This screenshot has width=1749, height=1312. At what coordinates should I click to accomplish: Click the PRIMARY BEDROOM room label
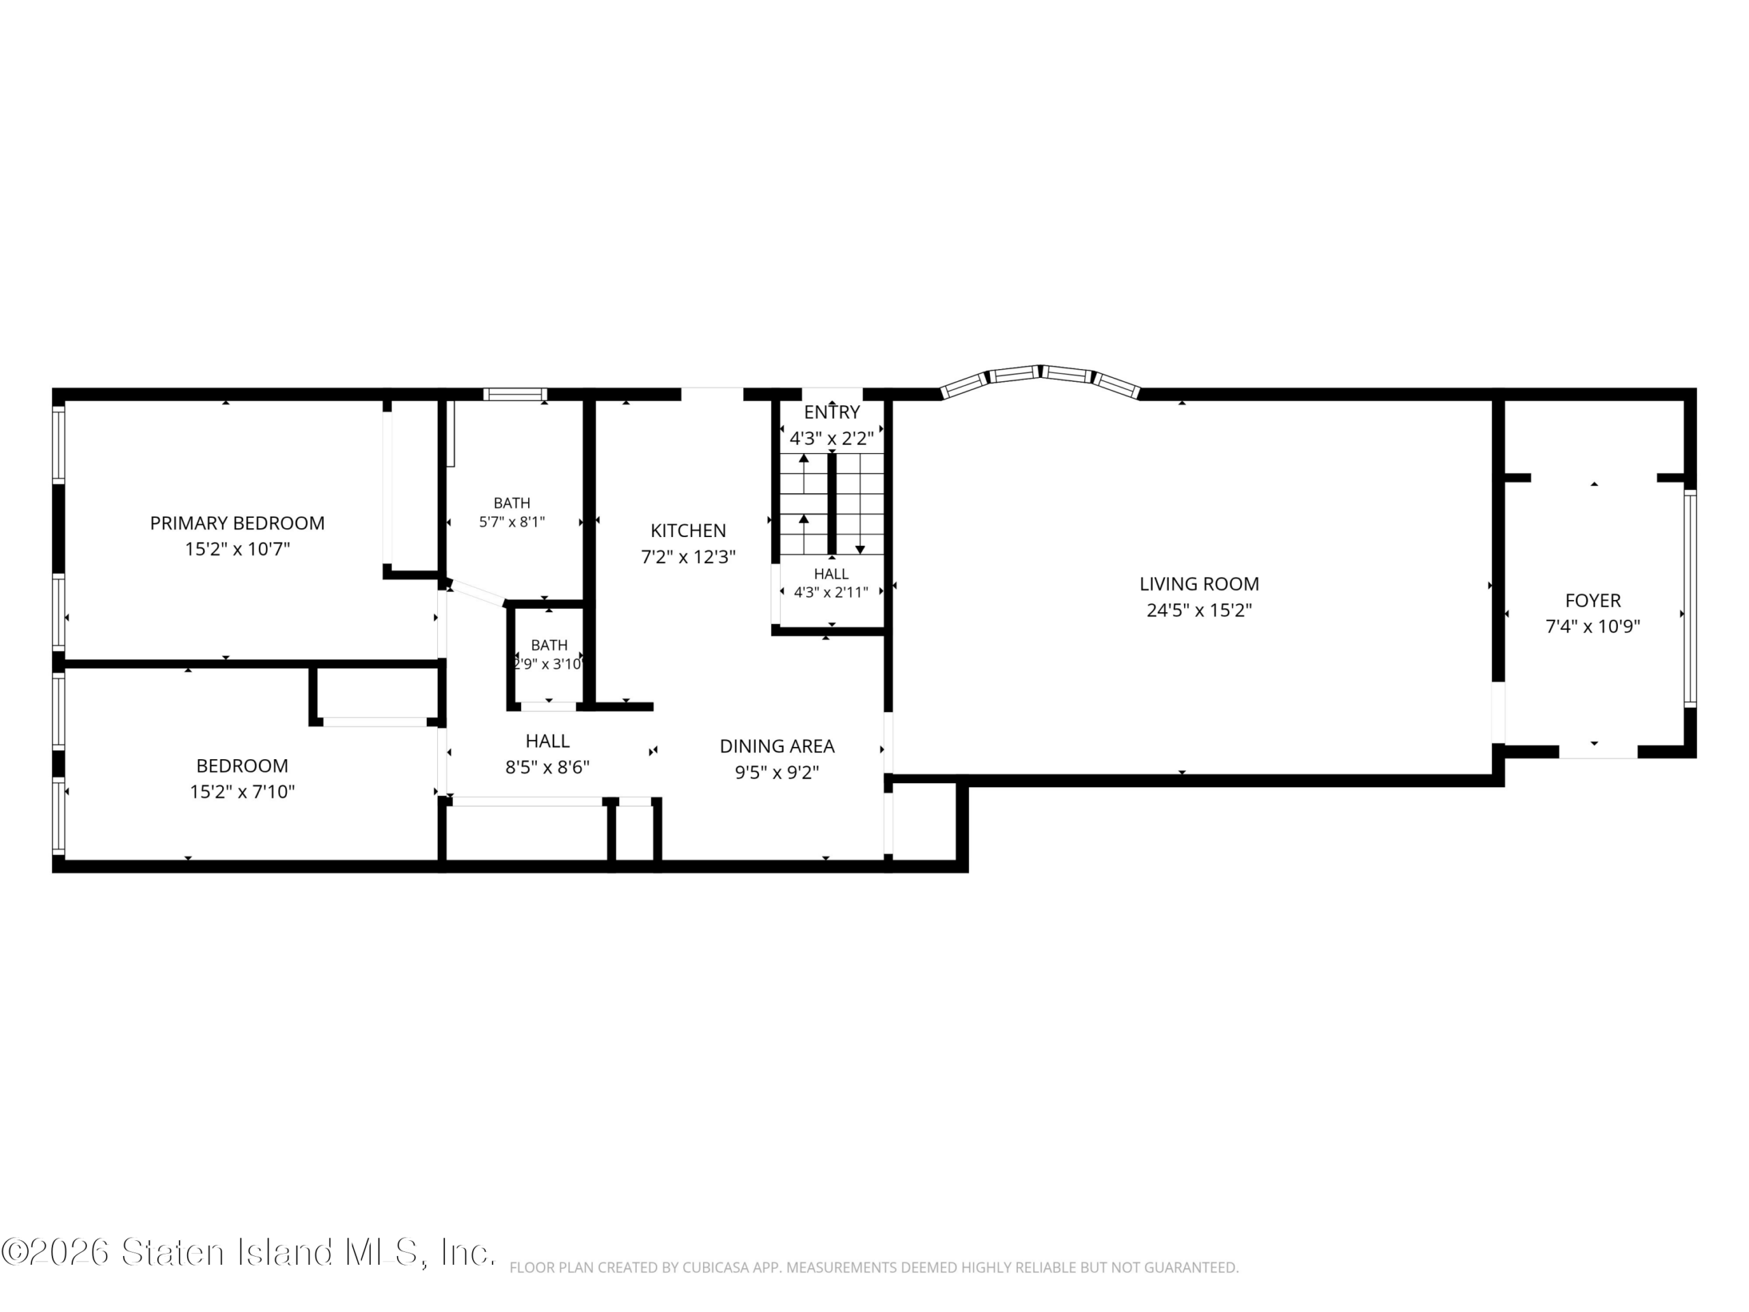(x=237, y=523)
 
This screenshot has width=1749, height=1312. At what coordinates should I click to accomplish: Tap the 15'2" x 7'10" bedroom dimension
(x=242, y=791)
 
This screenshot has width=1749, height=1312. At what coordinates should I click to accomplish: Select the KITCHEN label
(x=688, y=531)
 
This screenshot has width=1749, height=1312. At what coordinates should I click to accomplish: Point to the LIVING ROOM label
(x=1199, y=584)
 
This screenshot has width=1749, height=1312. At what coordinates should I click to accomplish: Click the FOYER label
(x=1593, y=600)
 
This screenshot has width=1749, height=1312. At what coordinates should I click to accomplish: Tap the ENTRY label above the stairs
(x=832, y=412)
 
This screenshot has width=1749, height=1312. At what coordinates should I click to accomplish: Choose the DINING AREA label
(x=776, y=746)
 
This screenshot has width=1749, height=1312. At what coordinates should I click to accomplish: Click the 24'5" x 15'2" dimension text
(x=1199, y=610)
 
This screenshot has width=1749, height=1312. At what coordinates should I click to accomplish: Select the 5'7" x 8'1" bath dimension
(x=512, y=522)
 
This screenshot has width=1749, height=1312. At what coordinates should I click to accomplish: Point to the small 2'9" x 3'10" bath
(x=548, y=655)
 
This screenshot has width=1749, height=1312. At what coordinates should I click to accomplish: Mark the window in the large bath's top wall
(x=514, y=394)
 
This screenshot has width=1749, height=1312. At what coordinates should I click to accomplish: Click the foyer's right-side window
(x=1690, y=598)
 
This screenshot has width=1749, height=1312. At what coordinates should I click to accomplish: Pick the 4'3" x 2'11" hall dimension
(x=831, y=592)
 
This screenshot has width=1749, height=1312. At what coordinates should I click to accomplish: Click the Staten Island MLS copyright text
(x=248, y=1252)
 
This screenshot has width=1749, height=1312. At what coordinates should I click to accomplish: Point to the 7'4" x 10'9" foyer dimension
(x=1593, y=627)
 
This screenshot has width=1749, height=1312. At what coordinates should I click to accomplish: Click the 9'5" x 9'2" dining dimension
(x=776, y=773)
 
